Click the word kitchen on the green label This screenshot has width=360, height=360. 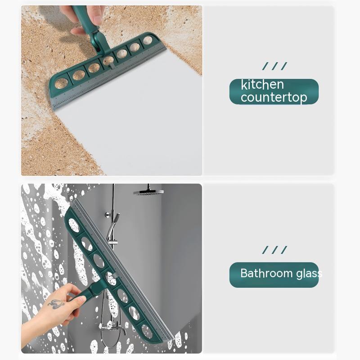pyautogui.click(x=262, y=85)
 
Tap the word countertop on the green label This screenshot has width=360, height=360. pyautogui.click(x=274, y=97)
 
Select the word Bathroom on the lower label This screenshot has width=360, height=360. pyautogui.click(x=266, y=273)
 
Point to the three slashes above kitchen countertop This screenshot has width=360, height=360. pyautogui.click(x=275, y=66)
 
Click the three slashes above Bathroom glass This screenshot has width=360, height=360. pyautogui.click(x=275, y=250)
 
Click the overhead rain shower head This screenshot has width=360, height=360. pyautogui.click(x=148, y=192)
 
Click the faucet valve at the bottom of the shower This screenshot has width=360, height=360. pyautogui.click(x=112, y=326)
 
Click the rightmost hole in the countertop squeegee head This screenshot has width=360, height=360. pyautogui.click(x=148, y=40)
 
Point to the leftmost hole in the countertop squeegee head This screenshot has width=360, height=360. pyautogui.click(x=61, y=84)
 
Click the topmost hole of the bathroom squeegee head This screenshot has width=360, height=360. pyautogui.click(x=74, y=225)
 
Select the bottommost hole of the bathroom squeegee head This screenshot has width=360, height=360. pyautogui.click(x=147, y=332)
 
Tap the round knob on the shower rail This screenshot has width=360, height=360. pyautogui.click(x=108, y=215)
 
